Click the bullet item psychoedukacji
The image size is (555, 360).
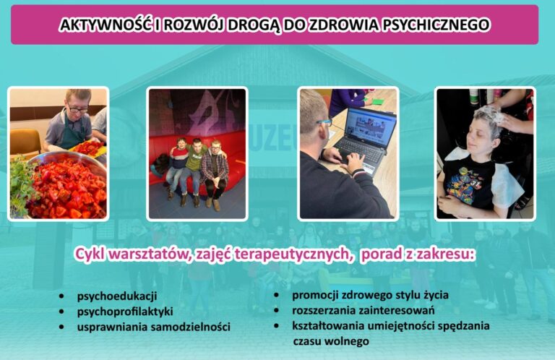(117, 296)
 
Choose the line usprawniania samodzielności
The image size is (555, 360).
(153, 327)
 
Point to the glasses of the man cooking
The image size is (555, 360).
(77, 110)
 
